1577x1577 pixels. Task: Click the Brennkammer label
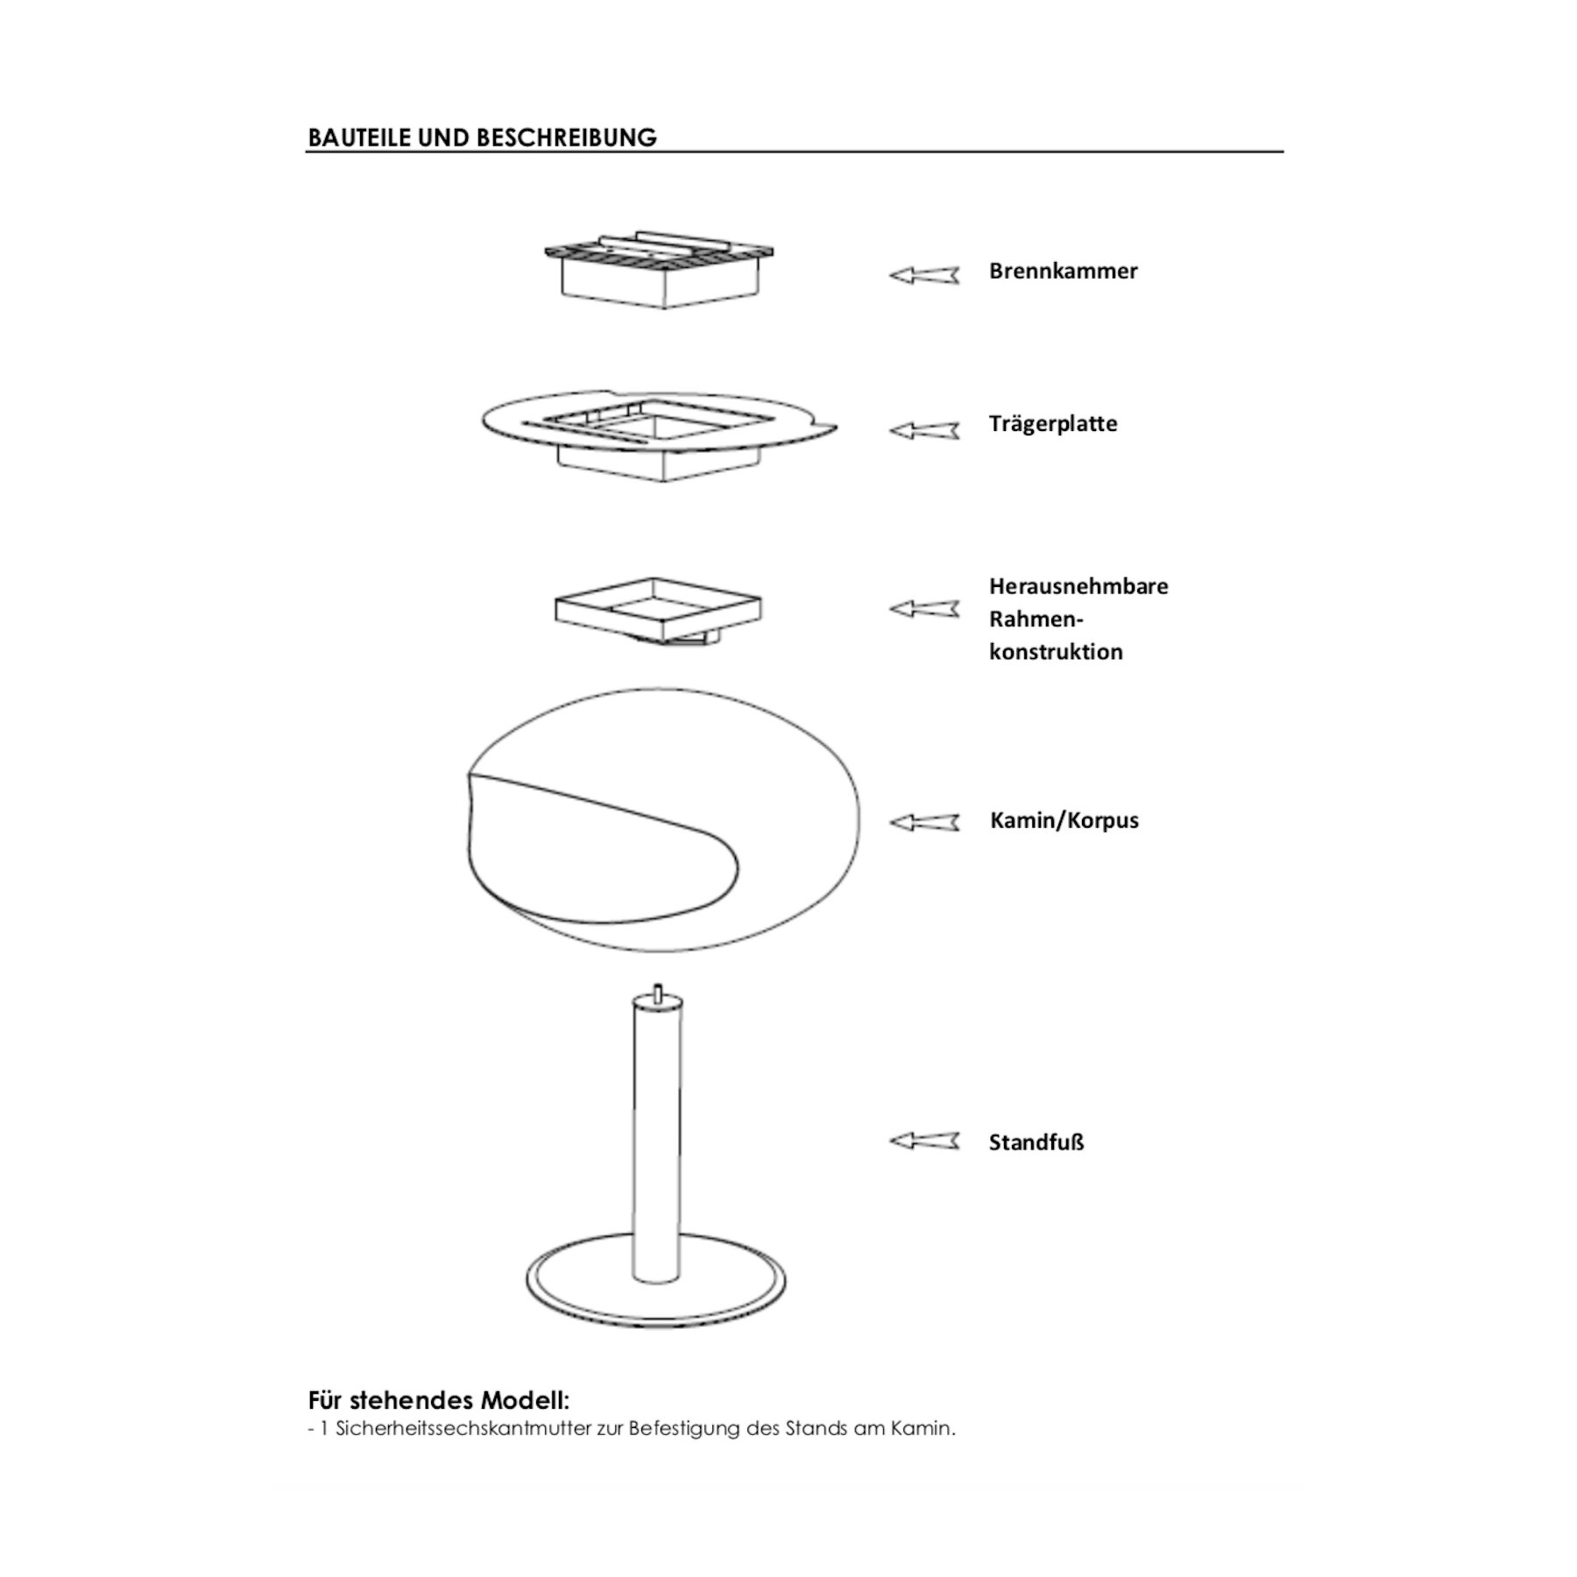click(1063, 271)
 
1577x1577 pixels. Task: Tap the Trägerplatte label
click(1053, 424)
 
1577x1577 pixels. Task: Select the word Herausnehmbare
click(1078, 586)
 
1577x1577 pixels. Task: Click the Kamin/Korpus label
click(1064, 821)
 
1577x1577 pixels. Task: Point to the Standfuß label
click(1036, 1142)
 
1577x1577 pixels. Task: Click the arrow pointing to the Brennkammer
click(924, 275)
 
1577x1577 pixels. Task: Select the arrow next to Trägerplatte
click(924, 430)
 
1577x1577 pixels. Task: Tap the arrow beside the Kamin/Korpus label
click(924, 822)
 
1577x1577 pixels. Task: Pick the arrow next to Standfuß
click(924, 1141)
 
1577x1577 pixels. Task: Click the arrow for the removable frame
click(924, 608)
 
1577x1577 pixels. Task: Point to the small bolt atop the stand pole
click(657, 992)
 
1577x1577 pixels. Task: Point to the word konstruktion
click(1056, 652)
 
